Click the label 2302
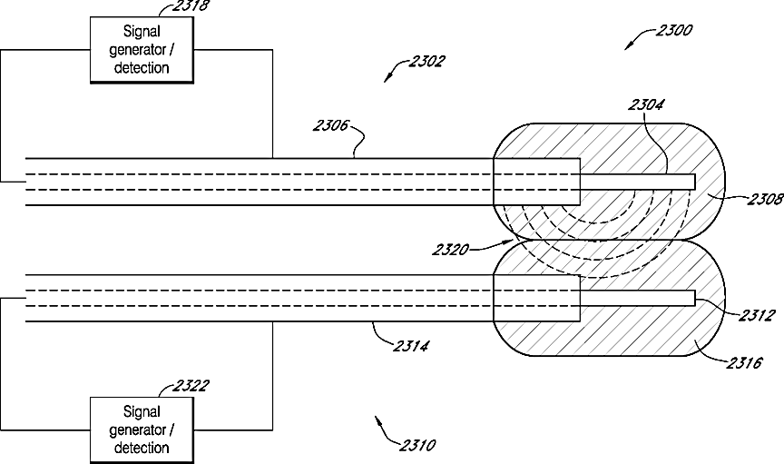(426, 62)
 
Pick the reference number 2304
(645, 104)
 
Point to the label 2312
(755, 316)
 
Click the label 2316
(744, 362)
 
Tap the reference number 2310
(416, 445)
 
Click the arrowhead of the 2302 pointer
(387, 79)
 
